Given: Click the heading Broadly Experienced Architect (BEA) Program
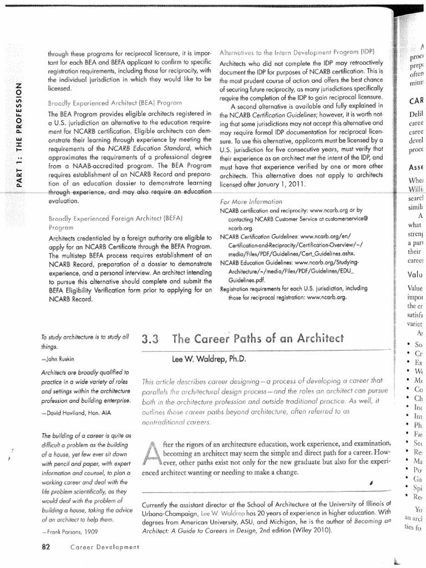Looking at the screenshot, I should coord(115,103).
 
